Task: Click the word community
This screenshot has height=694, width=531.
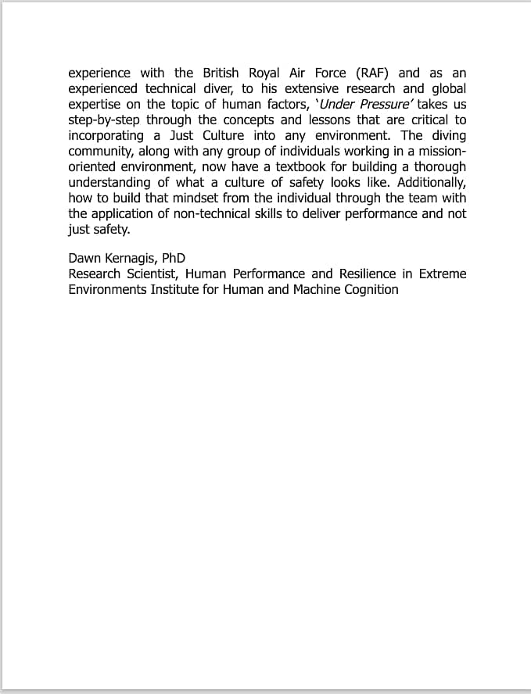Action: pyautogui.click(x=101, y=151)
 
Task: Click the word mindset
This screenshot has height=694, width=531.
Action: pyautogui.click(x=185, y=198)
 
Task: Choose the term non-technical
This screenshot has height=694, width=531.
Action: pyautogui.click(x=207, y=213)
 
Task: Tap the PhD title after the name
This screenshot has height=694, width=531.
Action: pyautogui.click(x=174, y=259)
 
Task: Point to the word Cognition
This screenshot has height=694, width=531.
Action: pyautogui.click(x=368, y=290)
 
